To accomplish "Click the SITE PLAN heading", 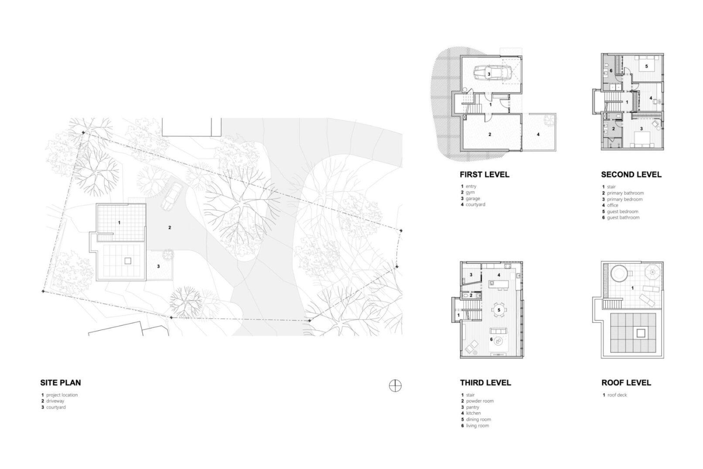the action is tap(61, 383).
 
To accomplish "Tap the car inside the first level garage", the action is tap(492, 74).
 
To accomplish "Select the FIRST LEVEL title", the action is tap(485, 175).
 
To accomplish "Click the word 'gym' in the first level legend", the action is tap(470, 192).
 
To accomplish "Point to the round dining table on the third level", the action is tap(499, 310).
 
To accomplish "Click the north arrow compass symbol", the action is tap(395, 386).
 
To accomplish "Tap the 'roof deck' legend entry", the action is tap(617, 395).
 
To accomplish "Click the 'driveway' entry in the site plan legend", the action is tap(55, 401).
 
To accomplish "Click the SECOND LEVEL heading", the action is tap(631, 175).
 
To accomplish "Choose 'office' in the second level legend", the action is tap(612, 205).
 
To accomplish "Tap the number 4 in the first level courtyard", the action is tap(538, 134).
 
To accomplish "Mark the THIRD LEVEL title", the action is tap(485, 383).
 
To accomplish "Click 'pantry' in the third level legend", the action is tap(473, 407).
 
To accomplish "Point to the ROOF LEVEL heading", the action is tap(626, 383).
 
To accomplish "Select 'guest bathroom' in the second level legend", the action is tap(623, 218).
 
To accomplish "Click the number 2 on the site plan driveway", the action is tap(170, 228).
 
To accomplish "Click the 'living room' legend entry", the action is tap(478, 426).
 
